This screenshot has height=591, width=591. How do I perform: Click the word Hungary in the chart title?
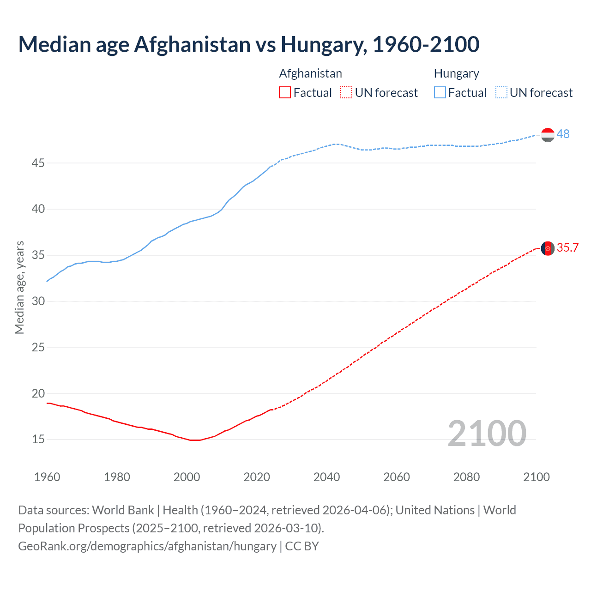[323, 45]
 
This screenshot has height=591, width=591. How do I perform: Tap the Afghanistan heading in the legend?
[310, 73]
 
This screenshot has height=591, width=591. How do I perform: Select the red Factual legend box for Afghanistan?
[285, 93]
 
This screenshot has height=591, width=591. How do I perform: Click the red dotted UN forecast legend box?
[346, 93]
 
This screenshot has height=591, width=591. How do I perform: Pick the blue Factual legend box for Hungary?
[440, 93]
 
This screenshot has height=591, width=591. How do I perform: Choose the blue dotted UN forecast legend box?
[501, 93]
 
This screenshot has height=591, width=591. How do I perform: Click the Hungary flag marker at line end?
[548, 135]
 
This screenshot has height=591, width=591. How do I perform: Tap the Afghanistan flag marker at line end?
[548, 248]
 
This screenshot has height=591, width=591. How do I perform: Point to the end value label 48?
[563, 134]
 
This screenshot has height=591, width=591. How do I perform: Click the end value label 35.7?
[567, 248]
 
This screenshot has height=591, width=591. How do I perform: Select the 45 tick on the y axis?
[38, 163]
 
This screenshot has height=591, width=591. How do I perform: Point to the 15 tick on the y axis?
[38, 439]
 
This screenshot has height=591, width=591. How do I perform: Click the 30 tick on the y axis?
[38, 301]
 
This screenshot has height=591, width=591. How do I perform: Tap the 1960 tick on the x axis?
[47, 477]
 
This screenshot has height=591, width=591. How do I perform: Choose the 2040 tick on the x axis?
[326, 477]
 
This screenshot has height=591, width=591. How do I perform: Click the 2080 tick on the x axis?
[466, 477]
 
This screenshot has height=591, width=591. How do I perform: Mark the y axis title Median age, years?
[19, 287]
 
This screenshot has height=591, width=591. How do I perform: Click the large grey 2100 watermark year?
[487, 433]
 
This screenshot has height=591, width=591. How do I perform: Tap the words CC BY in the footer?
[302, 546]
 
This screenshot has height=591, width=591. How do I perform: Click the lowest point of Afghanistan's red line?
[195, 440]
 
